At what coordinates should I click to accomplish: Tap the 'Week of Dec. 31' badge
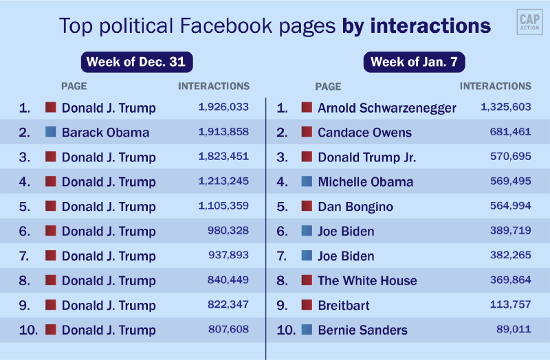click(136, 62)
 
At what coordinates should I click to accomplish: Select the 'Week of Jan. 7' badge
click(414, 62)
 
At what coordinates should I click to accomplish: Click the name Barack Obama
click(105, 133)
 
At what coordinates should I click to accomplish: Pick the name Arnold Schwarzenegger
click(386, 108)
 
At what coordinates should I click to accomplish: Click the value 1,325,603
click(506, 107)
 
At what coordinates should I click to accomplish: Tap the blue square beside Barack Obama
click(50, 132)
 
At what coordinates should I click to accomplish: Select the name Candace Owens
click(364, 133)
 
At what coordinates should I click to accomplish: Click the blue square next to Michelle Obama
click(307, 181)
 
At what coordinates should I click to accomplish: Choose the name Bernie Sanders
click(362, 330)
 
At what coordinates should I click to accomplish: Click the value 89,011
click(514, 330)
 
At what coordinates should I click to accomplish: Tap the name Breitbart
click(344, 306)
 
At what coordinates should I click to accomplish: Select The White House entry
click(367, 281)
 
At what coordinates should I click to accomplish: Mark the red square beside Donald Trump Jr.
click(307, 157)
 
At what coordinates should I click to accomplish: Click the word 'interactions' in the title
click(430, 26)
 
